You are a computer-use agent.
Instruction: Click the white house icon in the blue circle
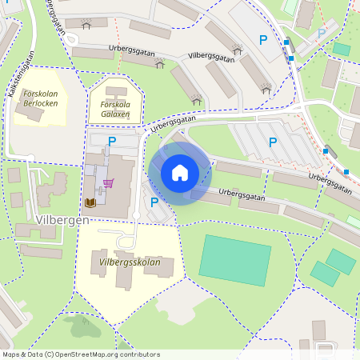180,173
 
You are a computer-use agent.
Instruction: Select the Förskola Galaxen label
115,109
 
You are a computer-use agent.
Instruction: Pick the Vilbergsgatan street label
211,57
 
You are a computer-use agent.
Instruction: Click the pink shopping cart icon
108,182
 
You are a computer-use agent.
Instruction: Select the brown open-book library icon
90,202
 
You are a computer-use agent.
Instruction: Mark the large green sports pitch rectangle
235,259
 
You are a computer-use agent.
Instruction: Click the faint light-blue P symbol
322,34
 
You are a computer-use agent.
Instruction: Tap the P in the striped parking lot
273,142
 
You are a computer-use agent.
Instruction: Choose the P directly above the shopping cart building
112,142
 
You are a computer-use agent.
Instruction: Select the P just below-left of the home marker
154,202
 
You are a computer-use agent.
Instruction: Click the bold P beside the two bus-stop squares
262,39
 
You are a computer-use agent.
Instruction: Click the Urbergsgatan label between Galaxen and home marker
172,122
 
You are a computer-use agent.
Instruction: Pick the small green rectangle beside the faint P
342,49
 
